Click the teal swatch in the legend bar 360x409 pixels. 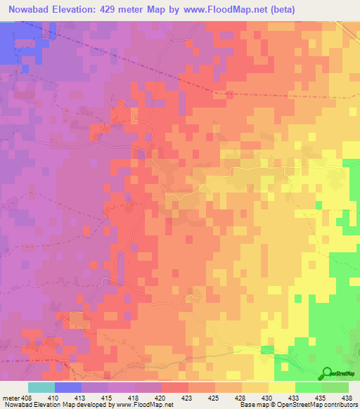[41, 387]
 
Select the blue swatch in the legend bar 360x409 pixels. [67, 387]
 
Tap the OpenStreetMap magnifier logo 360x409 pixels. [325, 373]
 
